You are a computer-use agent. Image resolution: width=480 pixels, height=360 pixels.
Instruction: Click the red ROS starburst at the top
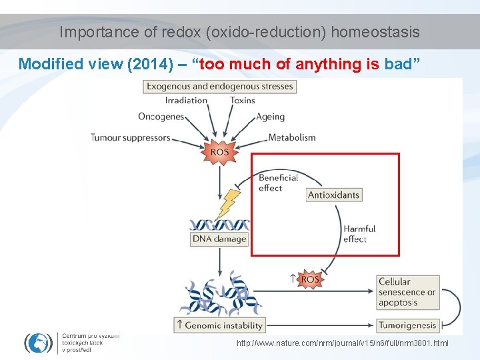click(219, 152)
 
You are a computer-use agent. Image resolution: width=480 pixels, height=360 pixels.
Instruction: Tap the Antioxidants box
click(334, 195)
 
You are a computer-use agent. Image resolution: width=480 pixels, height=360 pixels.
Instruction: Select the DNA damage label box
click(219, 239)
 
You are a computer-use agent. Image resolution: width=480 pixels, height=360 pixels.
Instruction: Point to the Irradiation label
click(186, 101)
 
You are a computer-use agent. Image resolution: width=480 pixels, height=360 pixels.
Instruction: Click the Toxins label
click(243, 101)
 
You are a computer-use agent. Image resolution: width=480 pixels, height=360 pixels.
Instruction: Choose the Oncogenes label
click(161, 117)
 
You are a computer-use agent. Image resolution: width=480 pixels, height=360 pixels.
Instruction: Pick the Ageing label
click(271, 117)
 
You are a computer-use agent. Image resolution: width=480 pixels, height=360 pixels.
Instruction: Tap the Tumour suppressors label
click(131, 138)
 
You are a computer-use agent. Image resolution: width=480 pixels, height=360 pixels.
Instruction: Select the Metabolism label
click(292, 138)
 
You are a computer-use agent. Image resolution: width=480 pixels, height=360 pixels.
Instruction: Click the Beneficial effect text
click(278, 183)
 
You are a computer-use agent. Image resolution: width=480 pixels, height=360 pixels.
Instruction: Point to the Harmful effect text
click(359, 233)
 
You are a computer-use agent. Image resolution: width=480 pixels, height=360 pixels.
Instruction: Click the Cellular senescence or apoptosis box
click(408, 292)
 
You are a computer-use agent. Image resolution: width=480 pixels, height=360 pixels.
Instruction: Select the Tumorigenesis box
click(408, 325)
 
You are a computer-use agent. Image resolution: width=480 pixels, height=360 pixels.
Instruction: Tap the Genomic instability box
click(219, 325)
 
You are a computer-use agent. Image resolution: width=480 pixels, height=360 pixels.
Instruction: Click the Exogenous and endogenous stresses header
click(219, 86)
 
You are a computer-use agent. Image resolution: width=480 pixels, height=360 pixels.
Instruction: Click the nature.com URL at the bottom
click(343, 343)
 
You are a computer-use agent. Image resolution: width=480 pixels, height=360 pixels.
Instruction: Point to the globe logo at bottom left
click(39, 342)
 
